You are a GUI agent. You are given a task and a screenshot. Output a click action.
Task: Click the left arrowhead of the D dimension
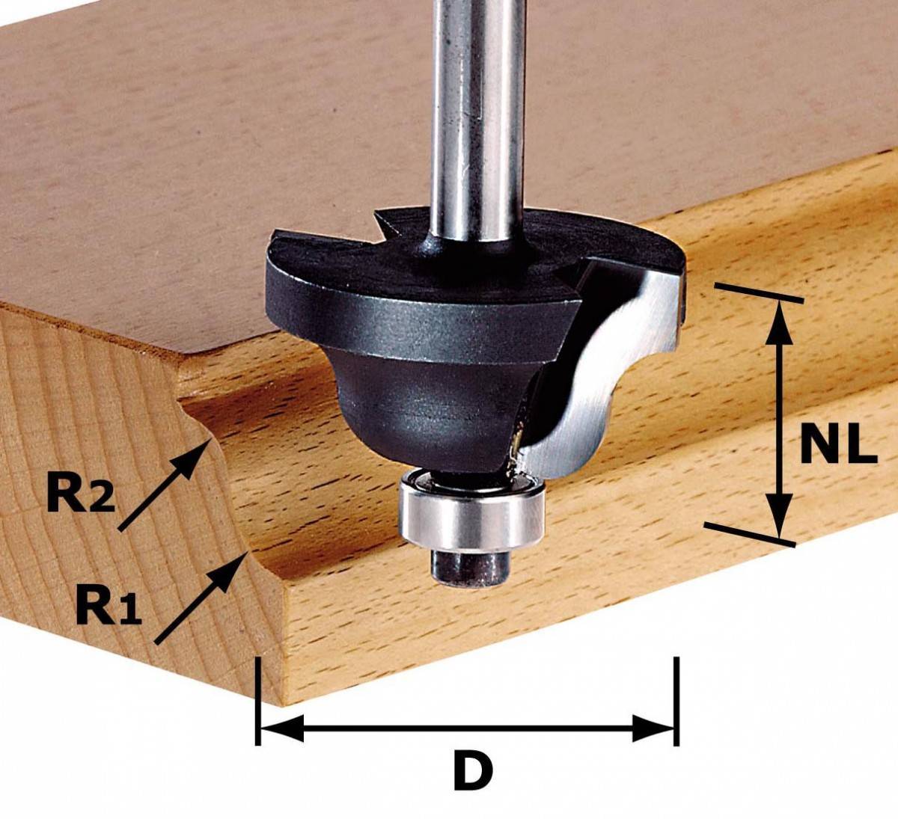tap(282, 728)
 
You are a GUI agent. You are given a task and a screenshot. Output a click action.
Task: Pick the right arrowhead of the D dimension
tap(653, 728)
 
